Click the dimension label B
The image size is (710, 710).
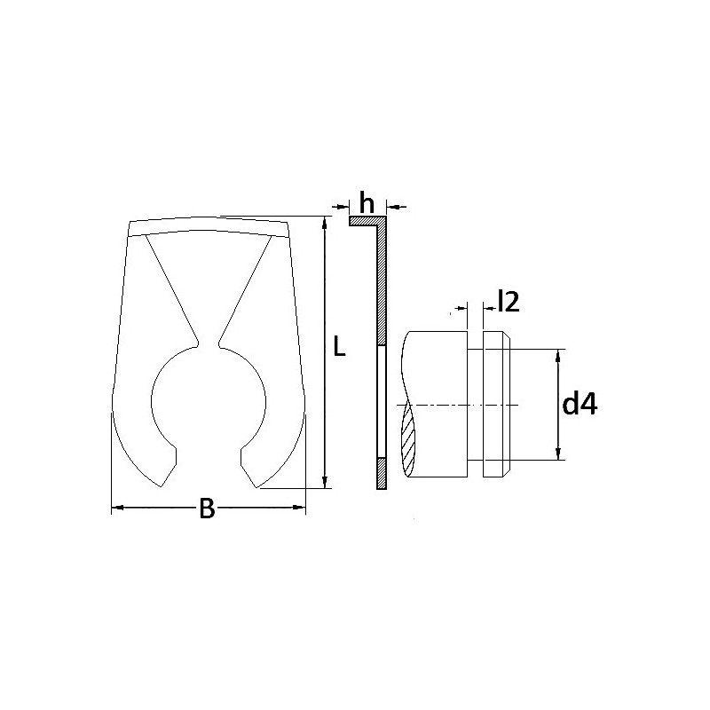[207, 508]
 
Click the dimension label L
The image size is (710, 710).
[339, 346]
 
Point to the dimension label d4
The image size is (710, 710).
[580, 404]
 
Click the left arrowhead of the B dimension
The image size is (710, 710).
[117, 508]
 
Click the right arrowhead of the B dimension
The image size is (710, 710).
[300, 507]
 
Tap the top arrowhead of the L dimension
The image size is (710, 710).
[324, 223]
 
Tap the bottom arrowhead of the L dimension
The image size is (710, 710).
[324, 482]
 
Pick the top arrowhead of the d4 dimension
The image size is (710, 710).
[558, 356]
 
